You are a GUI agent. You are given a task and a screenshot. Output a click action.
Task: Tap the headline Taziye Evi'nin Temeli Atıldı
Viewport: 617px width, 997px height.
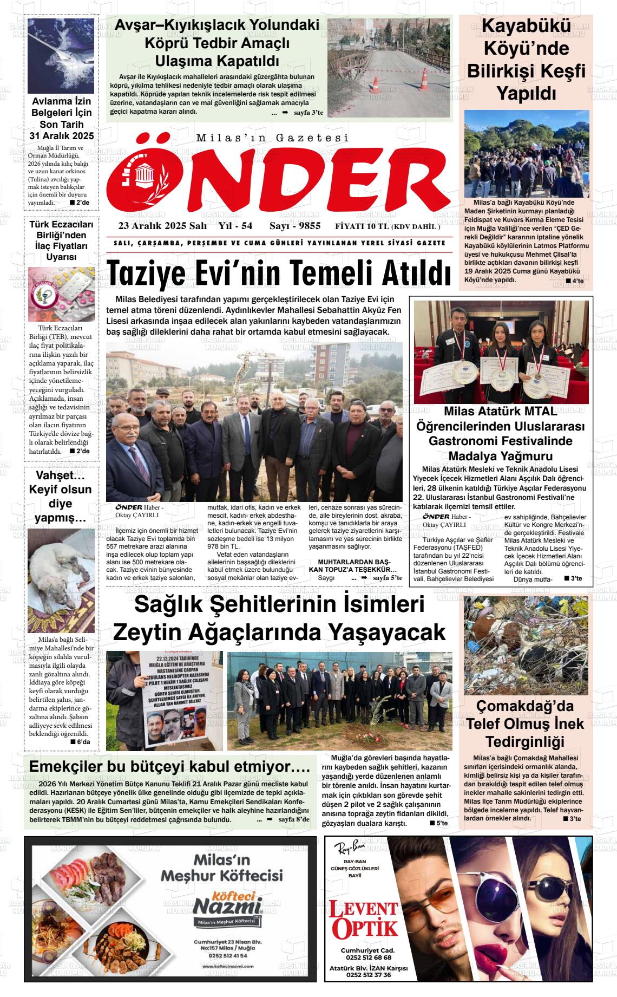279,274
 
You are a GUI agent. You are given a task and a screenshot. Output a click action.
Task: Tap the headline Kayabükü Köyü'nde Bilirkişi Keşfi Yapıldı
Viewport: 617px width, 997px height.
526,60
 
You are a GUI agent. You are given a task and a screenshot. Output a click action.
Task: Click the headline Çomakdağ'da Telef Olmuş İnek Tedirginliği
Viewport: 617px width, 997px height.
526,724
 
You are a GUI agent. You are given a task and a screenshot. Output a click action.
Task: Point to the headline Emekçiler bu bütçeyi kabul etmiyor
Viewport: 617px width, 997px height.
169,767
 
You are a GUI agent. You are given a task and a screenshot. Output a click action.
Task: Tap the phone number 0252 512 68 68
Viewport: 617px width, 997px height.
367,957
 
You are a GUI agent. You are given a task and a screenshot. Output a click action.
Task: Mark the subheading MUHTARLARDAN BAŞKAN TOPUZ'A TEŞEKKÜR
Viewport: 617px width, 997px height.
353,565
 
